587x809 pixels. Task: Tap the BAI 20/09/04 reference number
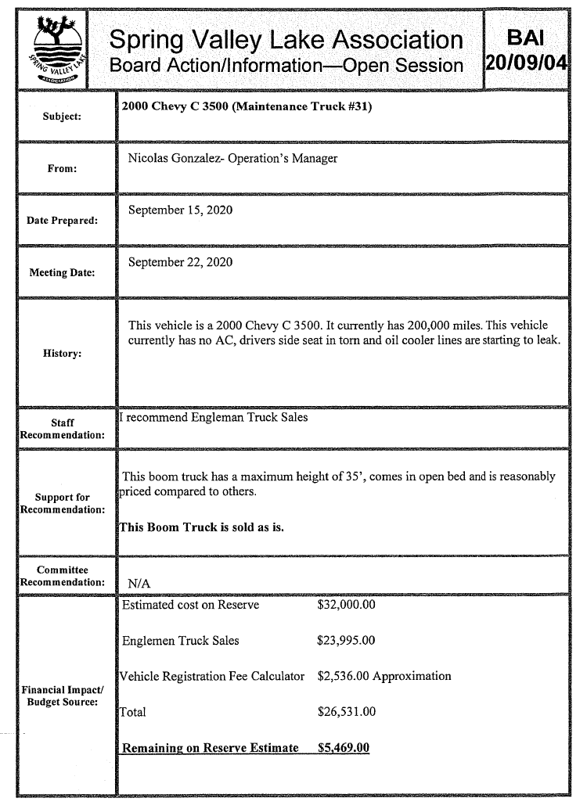click(525, 49)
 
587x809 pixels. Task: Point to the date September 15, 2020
click(180, 210)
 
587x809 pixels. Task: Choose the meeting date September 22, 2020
click(180, 262)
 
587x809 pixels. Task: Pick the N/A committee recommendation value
click(138, 584)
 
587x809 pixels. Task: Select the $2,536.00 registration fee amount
click(343, 676)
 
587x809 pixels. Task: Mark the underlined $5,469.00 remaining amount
click(343, 748)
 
